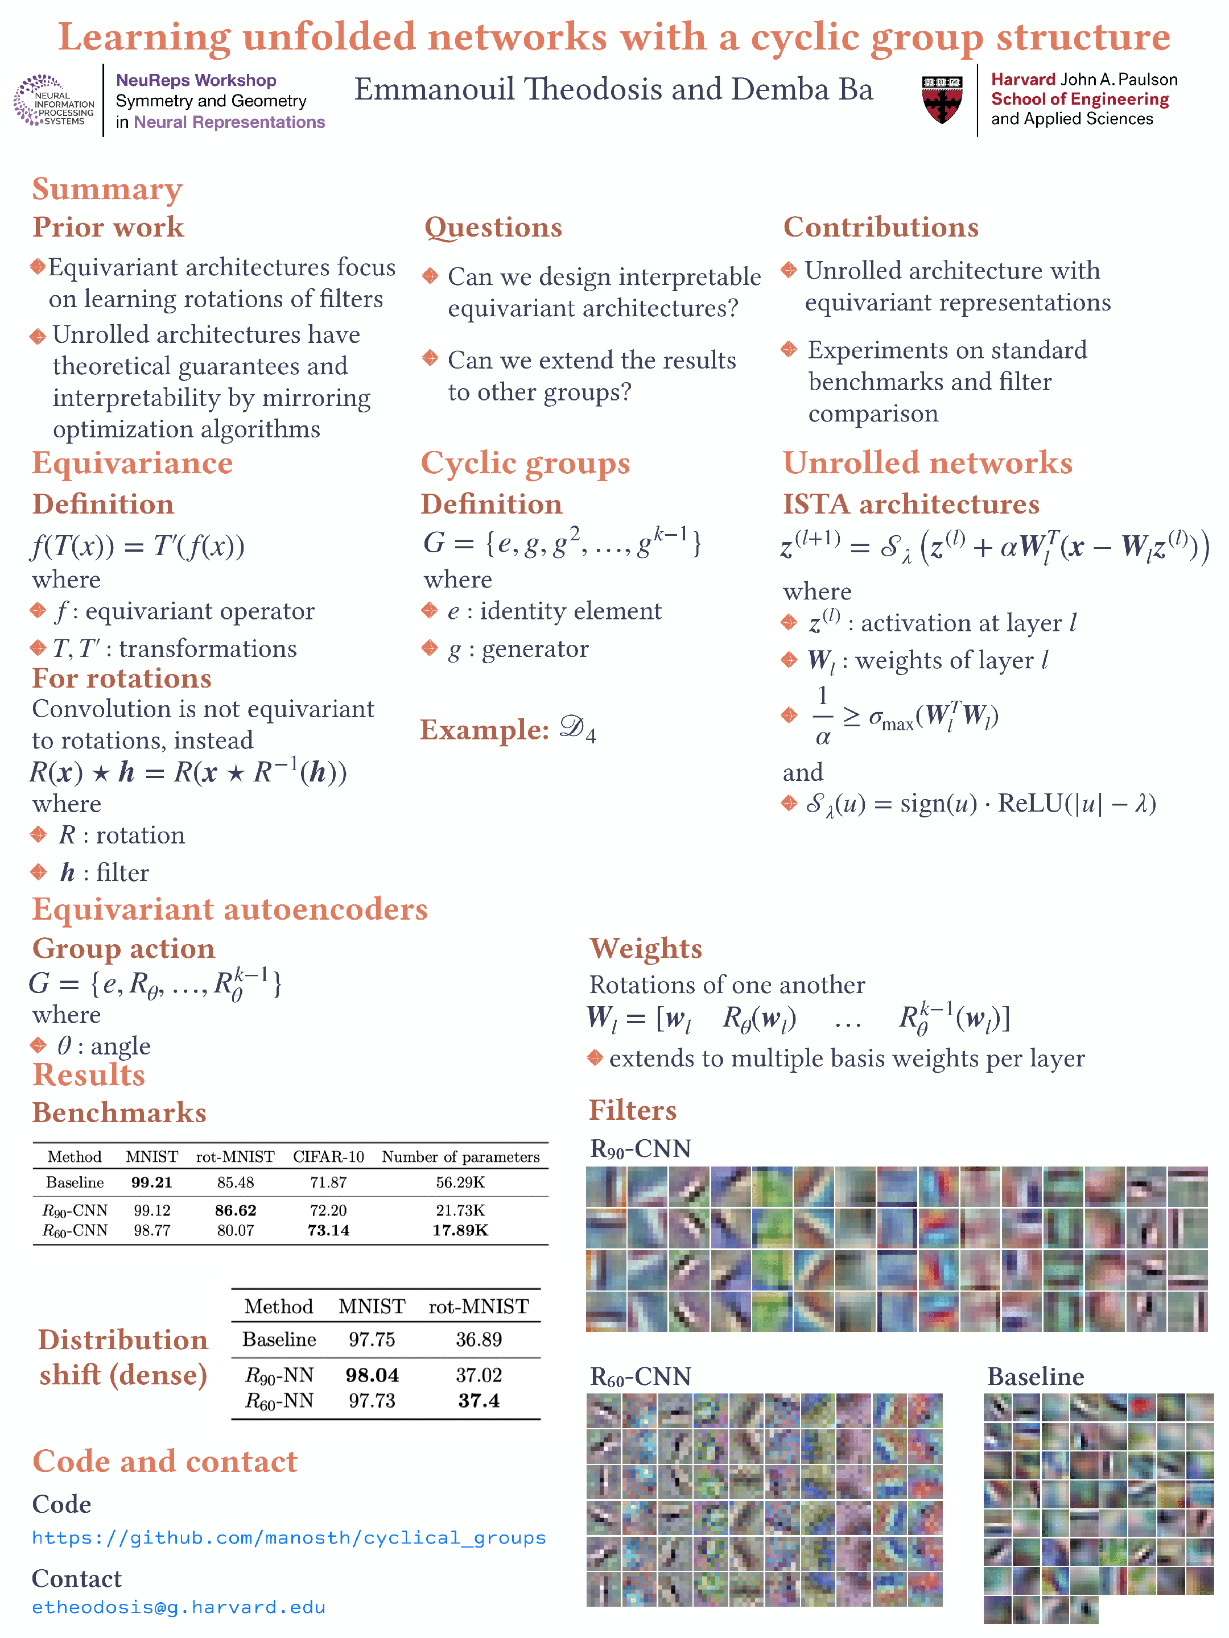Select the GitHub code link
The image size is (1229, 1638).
click(289, 1538)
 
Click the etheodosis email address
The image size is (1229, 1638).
click(179, 1607)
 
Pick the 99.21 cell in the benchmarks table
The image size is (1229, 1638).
click(152, 1182)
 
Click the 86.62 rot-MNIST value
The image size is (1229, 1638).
click(236, 1210)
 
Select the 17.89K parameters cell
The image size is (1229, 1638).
click(460, 1230)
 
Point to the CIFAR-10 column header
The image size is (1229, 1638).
click(328, 1157)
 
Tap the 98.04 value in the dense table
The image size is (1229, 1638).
click(372, 1375)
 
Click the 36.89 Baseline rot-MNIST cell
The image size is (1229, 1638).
click(479, 1339)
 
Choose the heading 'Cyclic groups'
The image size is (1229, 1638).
click(525, 464)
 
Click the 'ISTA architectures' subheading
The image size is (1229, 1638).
click(911, 504)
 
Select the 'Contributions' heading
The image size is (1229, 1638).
click(881, 227)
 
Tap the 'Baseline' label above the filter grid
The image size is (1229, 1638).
click(1035, 1376)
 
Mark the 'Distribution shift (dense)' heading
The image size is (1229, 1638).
click(123, 1358)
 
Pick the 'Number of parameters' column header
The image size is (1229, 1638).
click(460, 1157)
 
